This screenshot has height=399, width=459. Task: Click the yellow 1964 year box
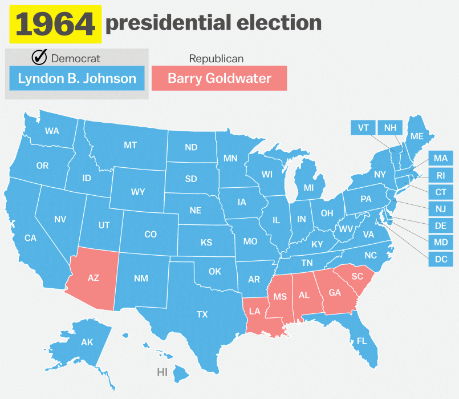[55, 25]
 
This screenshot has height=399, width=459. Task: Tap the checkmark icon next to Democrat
[39, 57]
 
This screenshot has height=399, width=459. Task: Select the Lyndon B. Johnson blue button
[77, 78]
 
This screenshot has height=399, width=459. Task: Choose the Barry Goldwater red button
[219, 78]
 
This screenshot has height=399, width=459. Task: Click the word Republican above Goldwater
[216, 59]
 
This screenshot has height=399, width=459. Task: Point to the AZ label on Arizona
[94, 278]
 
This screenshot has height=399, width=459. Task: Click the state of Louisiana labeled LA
[255, 311]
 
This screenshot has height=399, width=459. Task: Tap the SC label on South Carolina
[357, 276]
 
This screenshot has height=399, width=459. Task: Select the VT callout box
[363, 127]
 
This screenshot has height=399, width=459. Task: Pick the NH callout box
[390, 127]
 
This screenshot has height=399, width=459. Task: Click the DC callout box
[441, 259]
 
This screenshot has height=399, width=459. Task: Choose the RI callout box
[441, 175]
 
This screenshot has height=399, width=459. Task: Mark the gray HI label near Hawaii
[162, 372]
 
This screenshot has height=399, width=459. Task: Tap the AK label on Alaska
[87, 342]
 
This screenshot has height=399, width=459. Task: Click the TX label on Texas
[202, 314]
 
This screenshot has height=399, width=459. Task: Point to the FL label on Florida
[361, 341]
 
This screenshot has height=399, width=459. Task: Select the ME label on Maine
[417, 136]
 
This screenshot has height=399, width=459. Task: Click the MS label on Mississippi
[279, 297]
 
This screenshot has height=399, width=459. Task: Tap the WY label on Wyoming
[138, 192]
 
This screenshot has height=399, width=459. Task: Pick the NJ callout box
[441, 208]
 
